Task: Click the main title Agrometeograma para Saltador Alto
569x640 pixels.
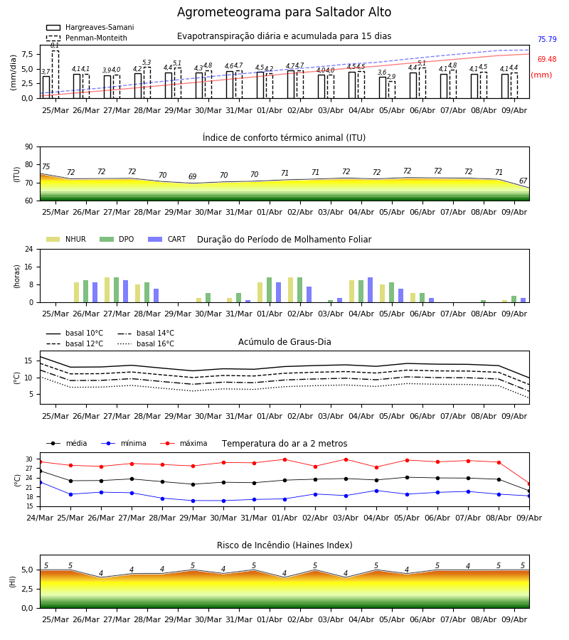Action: (284, 12)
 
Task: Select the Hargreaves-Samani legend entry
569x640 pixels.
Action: (90, 27)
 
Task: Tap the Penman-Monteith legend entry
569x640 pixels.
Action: (87, 38)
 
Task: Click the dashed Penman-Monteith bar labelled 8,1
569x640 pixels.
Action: (55, 74)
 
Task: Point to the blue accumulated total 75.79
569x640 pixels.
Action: (547, 39)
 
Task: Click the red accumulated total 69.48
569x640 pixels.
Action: (547, 59)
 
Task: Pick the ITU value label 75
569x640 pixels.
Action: (46, 166)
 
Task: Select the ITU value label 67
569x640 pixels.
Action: (523, 181)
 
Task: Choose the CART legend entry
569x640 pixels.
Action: (166, 239)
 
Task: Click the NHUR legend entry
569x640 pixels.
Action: (66, 239)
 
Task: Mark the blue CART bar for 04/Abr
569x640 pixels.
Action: (371, 290)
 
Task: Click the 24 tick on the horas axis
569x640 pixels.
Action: (29, 249)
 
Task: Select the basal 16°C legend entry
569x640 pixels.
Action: (146, 343)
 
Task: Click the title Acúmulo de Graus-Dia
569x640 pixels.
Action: (284, 341)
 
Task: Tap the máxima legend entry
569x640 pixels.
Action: (184, 443)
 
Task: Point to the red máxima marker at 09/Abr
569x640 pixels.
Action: (529, 484)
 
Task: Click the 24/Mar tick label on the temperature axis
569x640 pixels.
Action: (40, 518)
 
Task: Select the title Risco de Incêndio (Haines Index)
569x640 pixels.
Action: (284, 545)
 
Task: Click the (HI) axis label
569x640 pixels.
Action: (12, 582)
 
